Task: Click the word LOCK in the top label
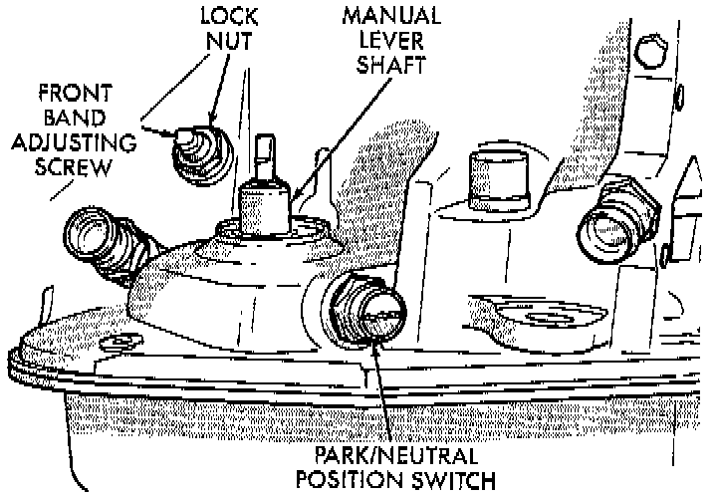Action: (229, 18)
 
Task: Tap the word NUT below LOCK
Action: (229, 42)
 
